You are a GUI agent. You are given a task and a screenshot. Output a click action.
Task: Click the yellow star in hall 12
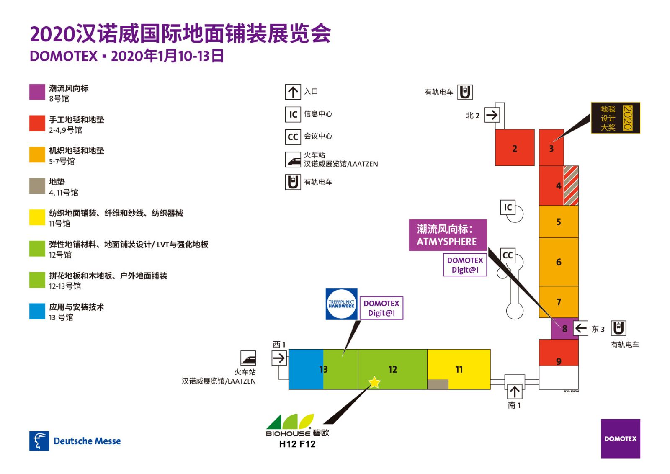(x=374, y=382)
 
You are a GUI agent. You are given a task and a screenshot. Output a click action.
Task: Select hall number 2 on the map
(x=515, y=148)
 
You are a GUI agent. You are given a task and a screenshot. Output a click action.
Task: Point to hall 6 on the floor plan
(x=558, y=262)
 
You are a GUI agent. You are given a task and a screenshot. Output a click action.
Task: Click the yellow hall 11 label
(x=459, y=369)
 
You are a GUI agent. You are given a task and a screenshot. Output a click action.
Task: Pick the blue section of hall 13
(x=305, y=369)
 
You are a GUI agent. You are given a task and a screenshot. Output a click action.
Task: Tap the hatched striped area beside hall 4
(x=571, y=185)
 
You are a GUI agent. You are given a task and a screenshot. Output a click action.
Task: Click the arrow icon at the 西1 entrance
(x=279, y=358)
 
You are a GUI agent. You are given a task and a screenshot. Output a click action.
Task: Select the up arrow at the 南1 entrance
(x=515, y=392)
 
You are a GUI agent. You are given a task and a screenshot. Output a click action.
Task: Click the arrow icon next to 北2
(x=492, y=115)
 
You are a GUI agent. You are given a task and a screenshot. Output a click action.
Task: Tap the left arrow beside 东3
(x=580, y=328)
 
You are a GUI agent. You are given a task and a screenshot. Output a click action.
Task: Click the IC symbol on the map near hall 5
(x=508, y=207)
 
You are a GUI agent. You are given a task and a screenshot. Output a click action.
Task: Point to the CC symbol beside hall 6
(x=508, y=255)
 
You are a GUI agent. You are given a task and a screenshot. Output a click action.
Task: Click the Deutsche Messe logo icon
(x=39, y=441)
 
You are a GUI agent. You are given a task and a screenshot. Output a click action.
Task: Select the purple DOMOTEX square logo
(x=620, y=438)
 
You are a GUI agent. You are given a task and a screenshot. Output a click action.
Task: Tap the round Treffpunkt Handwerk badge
(x=341, y=304)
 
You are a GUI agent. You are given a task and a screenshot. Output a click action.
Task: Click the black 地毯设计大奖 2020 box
(x=615, y=118)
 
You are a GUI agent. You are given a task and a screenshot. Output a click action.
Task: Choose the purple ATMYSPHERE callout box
(x=447, y=235)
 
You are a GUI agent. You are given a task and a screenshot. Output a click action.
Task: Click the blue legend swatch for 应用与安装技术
(x=37, y=311)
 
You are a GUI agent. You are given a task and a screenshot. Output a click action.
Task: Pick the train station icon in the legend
(x=293, y=160)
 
